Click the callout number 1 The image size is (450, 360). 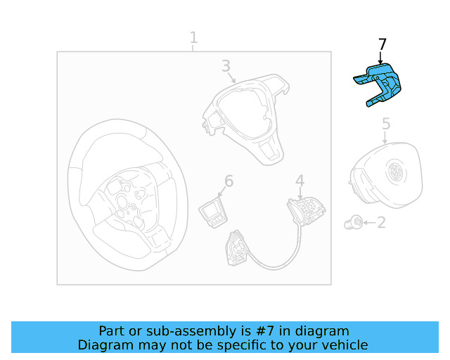193,37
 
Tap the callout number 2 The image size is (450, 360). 381,223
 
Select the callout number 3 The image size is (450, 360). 226,66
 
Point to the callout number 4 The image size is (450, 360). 300,181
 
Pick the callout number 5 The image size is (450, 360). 386,124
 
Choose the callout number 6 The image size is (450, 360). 228,181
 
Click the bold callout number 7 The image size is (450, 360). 382,44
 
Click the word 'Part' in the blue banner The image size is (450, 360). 113,330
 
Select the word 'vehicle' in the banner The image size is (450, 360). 344,345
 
